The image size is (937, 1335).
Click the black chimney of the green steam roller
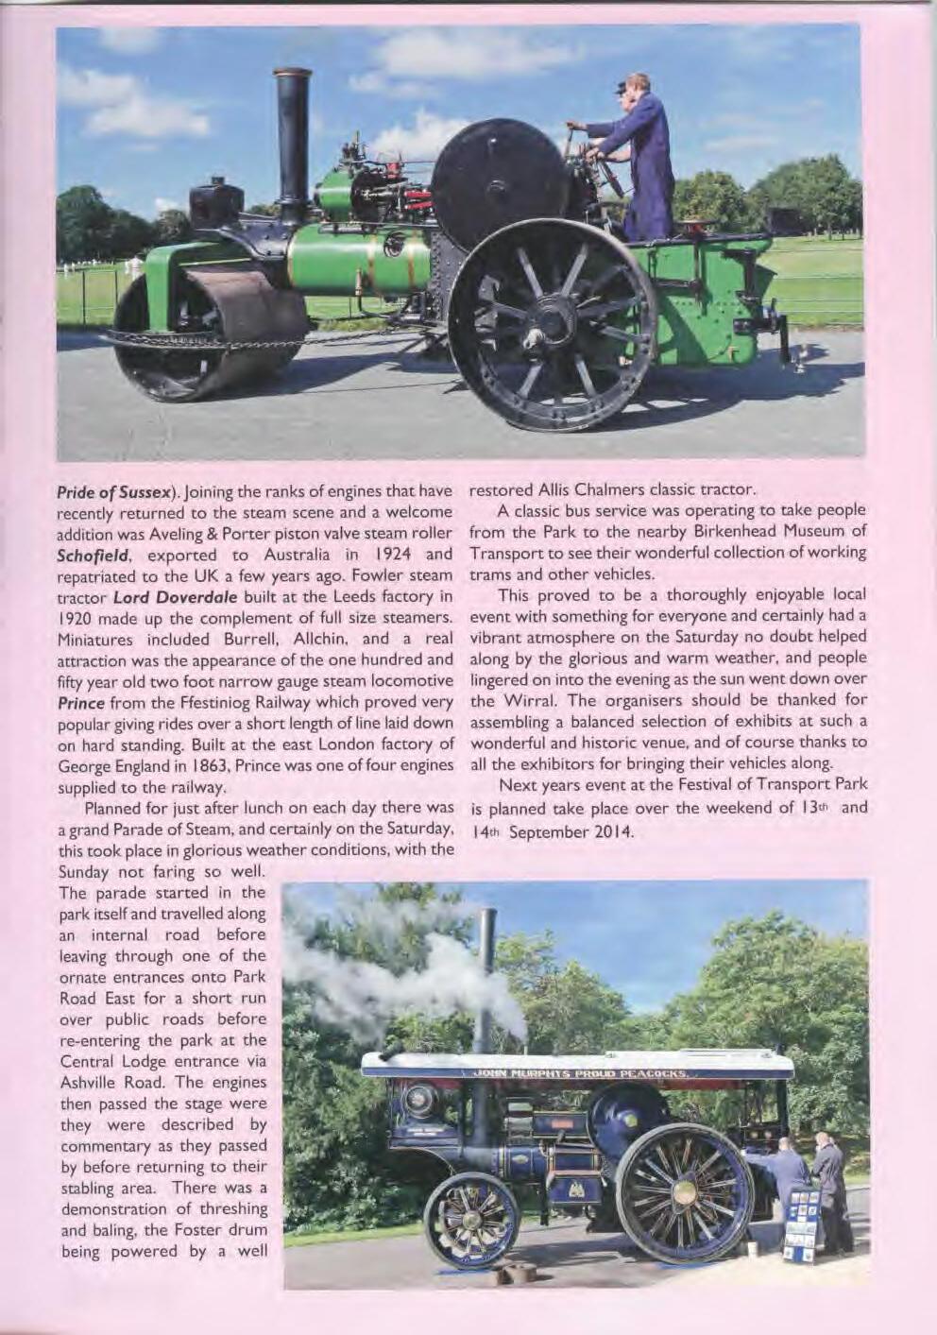pos(293,142)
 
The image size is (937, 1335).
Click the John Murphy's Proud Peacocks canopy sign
pos(578,1073)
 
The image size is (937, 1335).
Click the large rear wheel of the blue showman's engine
pos(683,1191)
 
